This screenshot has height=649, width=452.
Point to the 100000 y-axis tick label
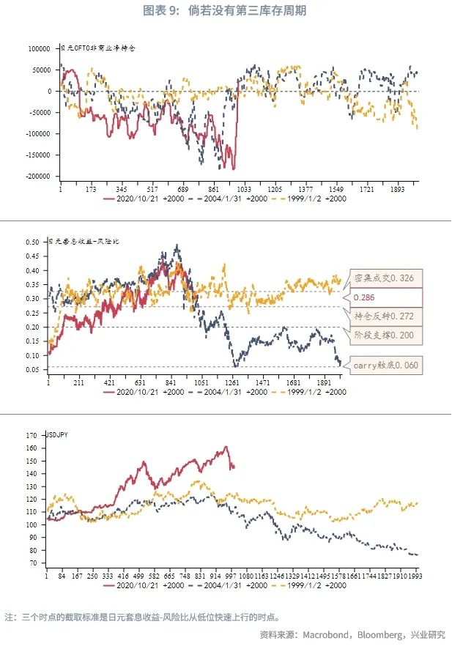(x=40, y=48)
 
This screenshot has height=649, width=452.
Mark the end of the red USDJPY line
(x=233, y=467)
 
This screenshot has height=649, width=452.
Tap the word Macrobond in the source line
(x=328, y=634)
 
